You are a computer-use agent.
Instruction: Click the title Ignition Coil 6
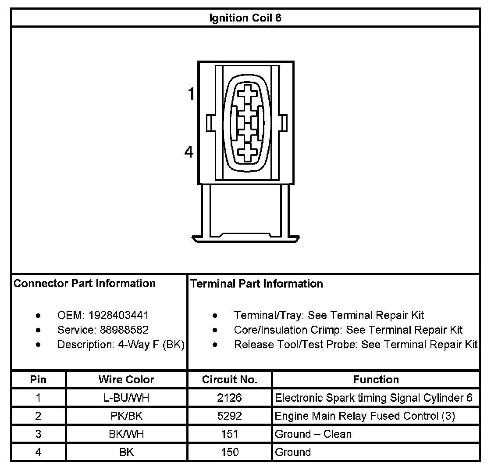(245, 18)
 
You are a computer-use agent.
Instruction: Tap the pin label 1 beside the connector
(191, 94)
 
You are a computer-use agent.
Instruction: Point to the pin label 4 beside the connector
(189, 152)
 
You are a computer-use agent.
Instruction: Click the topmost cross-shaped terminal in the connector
(248, 95)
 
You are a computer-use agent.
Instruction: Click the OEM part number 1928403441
(118, 315)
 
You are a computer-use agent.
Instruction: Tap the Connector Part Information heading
(85, 284)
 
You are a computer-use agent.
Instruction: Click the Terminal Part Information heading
(257, 284)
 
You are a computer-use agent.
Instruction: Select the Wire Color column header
(126, 380)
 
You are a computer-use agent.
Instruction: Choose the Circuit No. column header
(230, 380)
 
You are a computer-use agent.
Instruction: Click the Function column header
(376, 380)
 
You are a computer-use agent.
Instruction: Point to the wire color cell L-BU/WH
(126, 398)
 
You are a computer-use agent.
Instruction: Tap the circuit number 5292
(230, 416)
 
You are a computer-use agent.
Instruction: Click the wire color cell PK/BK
(126, 416)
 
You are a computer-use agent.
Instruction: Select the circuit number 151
(230, 434)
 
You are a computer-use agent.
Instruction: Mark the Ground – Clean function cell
(313, 434)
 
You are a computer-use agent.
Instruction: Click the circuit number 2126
(230, 398)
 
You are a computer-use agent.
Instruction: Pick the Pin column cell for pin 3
(39, 434)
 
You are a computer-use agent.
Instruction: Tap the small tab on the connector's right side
(284, 123)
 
